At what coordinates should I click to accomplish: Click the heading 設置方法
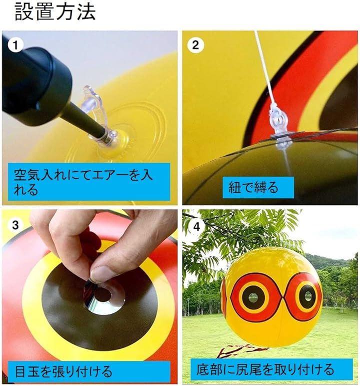tap(55, 12)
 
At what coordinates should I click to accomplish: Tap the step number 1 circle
tap(15, 46)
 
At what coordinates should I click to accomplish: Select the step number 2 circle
tap(195, 45)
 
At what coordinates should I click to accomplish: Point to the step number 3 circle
tap(15, 225)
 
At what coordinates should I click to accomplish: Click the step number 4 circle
tap(196, 226)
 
